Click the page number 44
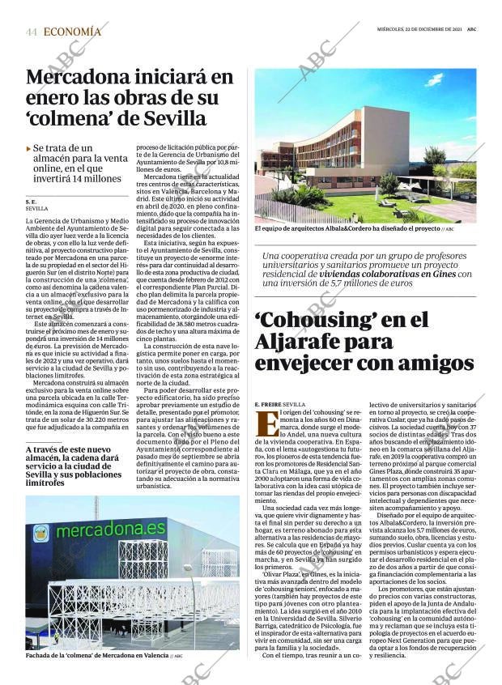[32, 32]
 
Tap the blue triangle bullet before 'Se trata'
[29, 149]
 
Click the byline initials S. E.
[32, 201]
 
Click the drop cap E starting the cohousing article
[262, 422]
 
